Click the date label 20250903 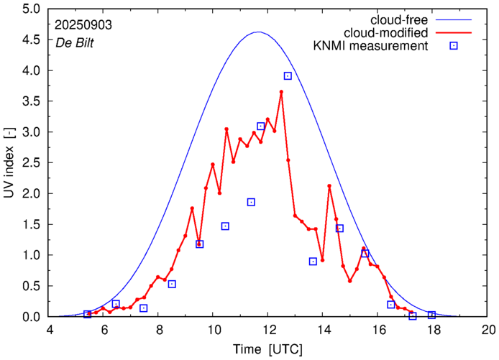(83, 24)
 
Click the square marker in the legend (454, 47)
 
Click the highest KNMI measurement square (288, 75)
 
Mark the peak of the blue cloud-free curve (259, 32)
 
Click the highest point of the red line (281, 92)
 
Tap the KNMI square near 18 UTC (431, 315)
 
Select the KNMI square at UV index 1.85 (251, 202)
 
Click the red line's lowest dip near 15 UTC (349, 280)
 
